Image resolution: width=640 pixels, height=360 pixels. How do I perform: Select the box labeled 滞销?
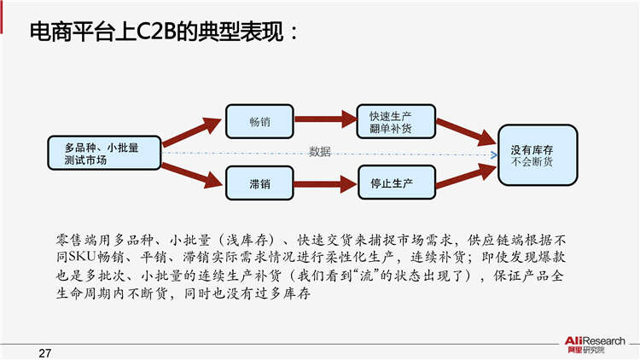click(259, 182)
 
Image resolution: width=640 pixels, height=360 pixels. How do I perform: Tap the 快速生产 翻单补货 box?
click(397, 121)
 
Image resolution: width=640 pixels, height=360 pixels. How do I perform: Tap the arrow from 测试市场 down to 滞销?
click(194, 173)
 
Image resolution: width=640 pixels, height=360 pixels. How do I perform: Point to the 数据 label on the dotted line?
click(320, 152)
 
